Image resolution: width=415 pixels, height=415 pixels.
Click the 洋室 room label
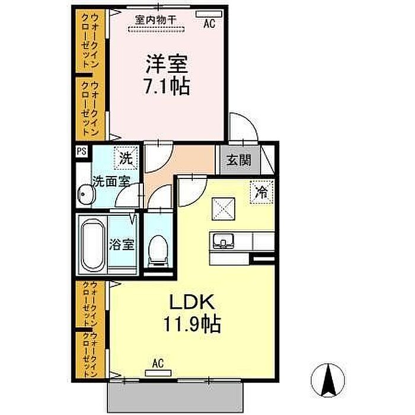(167, 64)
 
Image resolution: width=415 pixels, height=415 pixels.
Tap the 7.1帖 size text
(167, 86)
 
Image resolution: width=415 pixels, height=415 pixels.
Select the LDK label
(192, 302)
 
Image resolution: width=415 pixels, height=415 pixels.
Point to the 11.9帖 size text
(192, 324)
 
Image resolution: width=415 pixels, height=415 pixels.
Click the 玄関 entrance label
(239, 160)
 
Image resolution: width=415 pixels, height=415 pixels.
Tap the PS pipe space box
(82, 151)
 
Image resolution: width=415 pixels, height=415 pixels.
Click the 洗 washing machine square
(126, 158)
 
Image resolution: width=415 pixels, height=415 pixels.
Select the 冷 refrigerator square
(261, 192)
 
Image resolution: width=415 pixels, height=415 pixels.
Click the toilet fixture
(158, 251)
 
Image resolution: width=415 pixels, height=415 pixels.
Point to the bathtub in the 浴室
(92, 245)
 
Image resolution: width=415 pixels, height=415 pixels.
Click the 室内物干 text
(155, 20)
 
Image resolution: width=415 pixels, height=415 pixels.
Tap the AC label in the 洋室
(209, 24)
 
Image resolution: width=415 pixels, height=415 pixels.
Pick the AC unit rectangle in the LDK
(158, 373)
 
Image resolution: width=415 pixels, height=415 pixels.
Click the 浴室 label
(122, 244)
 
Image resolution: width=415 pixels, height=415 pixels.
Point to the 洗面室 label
(111, 182)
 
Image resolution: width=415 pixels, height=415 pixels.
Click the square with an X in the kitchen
(224, 209)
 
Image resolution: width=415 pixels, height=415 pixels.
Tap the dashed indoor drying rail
(156, 29)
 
